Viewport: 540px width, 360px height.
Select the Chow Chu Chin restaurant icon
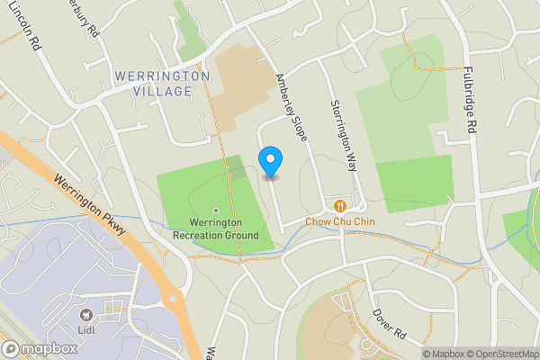click(339, 204)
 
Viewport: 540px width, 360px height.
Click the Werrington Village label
click(162, 84)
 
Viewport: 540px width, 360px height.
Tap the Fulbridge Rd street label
click(469, 100)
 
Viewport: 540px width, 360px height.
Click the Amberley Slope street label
click(292, 106)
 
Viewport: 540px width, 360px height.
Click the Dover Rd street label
click(390, 323)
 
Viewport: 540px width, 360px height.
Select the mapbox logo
click(40, 348)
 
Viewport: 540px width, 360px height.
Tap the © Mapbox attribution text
click(442, 354)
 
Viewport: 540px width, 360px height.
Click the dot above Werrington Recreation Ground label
click(215, 210)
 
